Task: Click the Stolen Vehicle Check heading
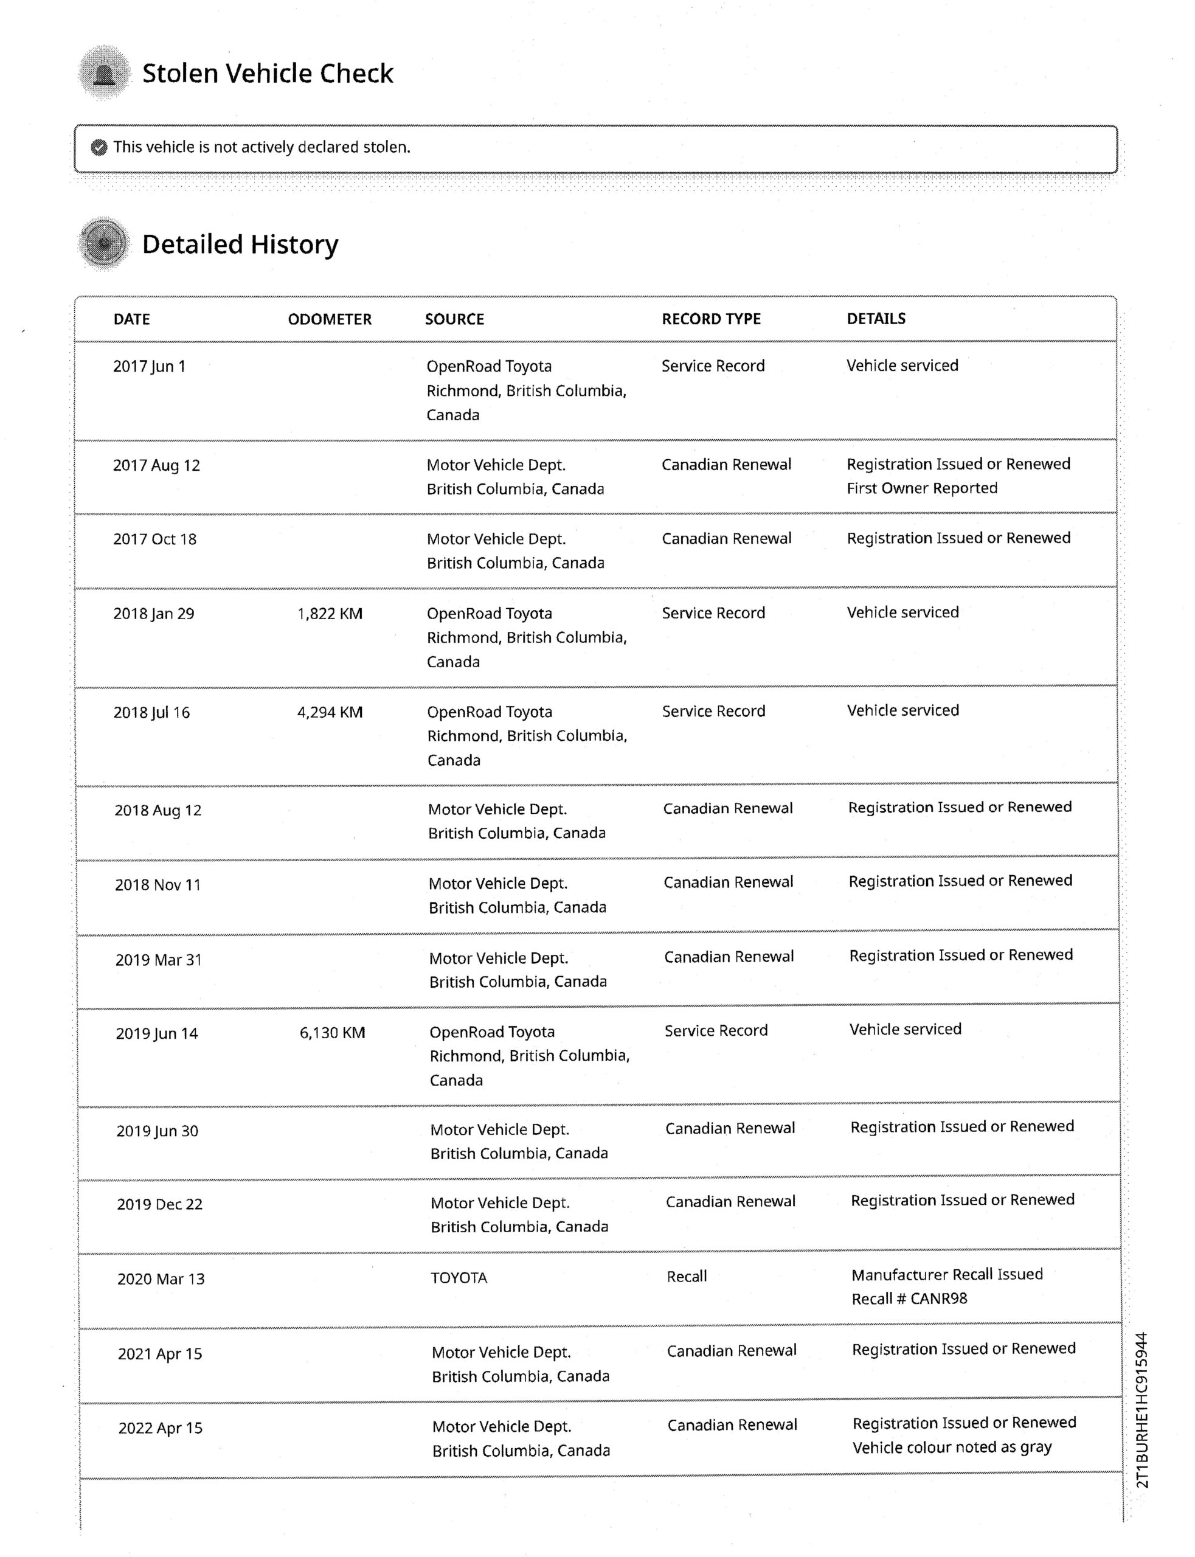(268, 73)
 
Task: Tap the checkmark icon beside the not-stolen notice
(100, 147)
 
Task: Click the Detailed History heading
(240, 244)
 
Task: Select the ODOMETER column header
(330, 319)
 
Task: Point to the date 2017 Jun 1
(150, 366)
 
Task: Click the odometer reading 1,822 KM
(330, 613)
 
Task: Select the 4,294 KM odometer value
(330, 712)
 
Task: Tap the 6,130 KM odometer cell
(332, 1033)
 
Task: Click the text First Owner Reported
(921, 488)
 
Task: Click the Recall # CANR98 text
(909, 1299)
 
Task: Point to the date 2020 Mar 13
(161, 1279)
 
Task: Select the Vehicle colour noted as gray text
(952, 1448)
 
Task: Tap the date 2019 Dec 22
(159, 1204)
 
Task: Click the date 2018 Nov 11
(158, 885)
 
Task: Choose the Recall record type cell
(687, 1277)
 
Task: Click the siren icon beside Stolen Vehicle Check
(105, 73)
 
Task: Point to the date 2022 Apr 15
(160, 1427)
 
